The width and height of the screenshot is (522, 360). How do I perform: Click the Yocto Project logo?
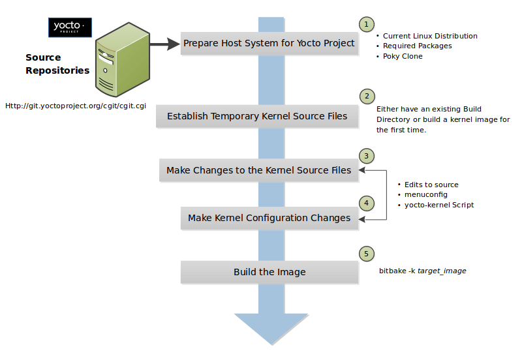pyautogui.click(x=70, y=27)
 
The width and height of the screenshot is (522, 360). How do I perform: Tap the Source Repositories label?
pyautogui.click(x=57, y=64)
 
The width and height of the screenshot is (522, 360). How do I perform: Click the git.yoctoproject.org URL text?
pyautogui.click(x=75, y=105)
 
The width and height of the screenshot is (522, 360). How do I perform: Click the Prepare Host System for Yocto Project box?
pyautogui.click(x=269, y=44)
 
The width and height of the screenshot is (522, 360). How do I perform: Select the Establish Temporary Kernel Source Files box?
pyautogui.click(x=257, y=117)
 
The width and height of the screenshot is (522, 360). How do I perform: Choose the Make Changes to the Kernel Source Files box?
pyautogui.click(x=258, y=171)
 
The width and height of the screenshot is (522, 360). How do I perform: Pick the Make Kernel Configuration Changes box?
pyautogui.click(x=269, y=218)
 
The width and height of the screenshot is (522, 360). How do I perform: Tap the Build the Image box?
pyautogui.click(x=269, y=272)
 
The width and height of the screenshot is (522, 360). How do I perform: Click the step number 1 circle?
pyautogui.click(x=367, y=24)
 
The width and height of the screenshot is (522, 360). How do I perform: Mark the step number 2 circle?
pyautogui.click(x=367, y=97)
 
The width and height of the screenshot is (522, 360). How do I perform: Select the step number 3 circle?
pyautogui.click(x=367, y=156)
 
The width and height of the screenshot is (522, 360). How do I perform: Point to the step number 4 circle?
pyautogui.click(x=367, y=203)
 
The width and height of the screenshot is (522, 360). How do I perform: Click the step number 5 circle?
pyautogui.click(x=367, y=254)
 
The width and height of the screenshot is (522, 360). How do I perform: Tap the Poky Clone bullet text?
pyautogui.click(x=403, y=57)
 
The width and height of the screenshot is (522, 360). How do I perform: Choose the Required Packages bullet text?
pyautogui.click(x=417, y=46)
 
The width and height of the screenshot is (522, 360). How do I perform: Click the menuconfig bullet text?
pyautogui.click(x=426, y=195)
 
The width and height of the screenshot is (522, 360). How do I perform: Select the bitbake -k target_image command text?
pyautogui.click(x=423, y=271)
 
